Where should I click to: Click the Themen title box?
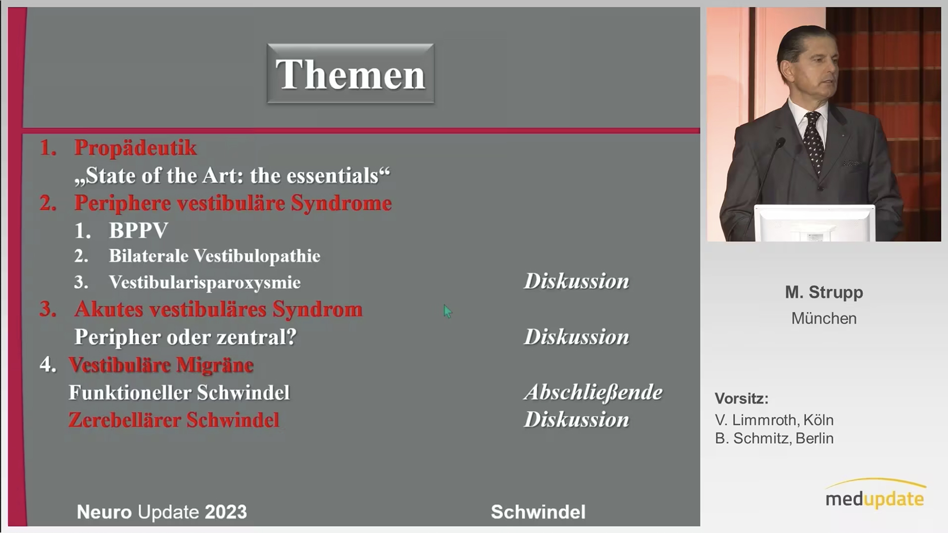click(x=351, y=74)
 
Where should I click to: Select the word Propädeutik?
click(x=135, y=148)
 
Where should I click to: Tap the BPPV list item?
click(x=138, y=230)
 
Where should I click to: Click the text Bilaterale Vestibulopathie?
click(x=214, y=256)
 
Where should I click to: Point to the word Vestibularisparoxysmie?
click(x=204, y=282)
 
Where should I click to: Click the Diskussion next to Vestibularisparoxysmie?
click(x=576, y=281)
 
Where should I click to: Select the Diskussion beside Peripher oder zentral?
click(x=576, y=337)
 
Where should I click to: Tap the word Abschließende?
click(x=593, y=393)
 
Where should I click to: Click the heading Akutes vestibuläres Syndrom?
click(x=218, y=309)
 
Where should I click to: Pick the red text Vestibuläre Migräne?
click(x=161, y=365)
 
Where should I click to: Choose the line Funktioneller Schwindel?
click(x=179, y=393)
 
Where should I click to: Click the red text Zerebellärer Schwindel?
click(x=174, y=420)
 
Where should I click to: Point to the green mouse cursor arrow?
click(x=447, y=311)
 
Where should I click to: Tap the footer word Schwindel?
click(x=538, y=512)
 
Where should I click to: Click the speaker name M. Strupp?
click(x=824, y=293)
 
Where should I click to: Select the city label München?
click(x=824, y=318)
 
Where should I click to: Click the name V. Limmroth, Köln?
click(x=774, y=420)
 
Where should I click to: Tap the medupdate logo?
click(x=875, y=494)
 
